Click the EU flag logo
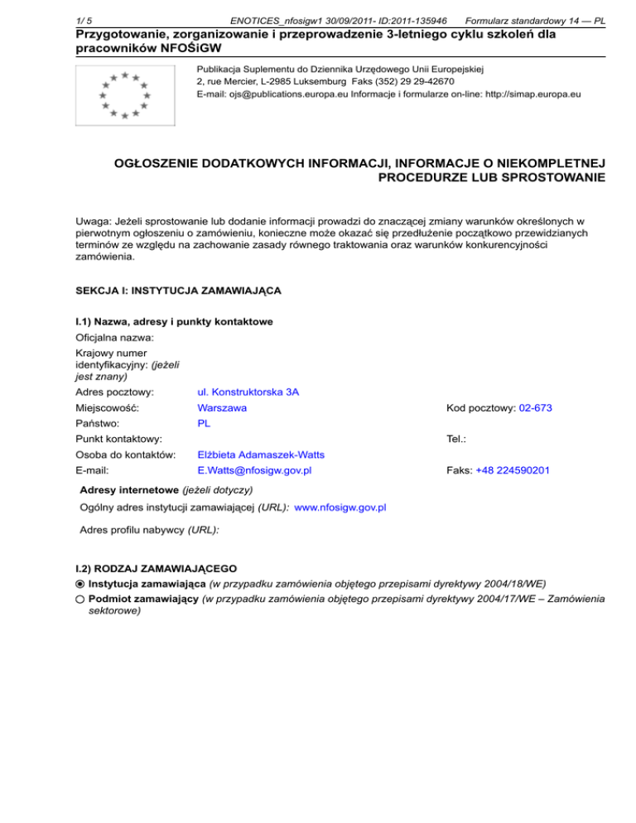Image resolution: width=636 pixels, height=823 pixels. [x=124, y=94]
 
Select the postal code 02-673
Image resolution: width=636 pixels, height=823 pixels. [x=535, y=408]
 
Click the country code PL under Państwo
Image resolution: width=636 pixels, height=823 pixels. [x=204, y=422]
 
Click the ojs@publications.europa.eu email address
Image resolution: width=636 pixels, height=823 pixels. [x=262, y=94]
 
